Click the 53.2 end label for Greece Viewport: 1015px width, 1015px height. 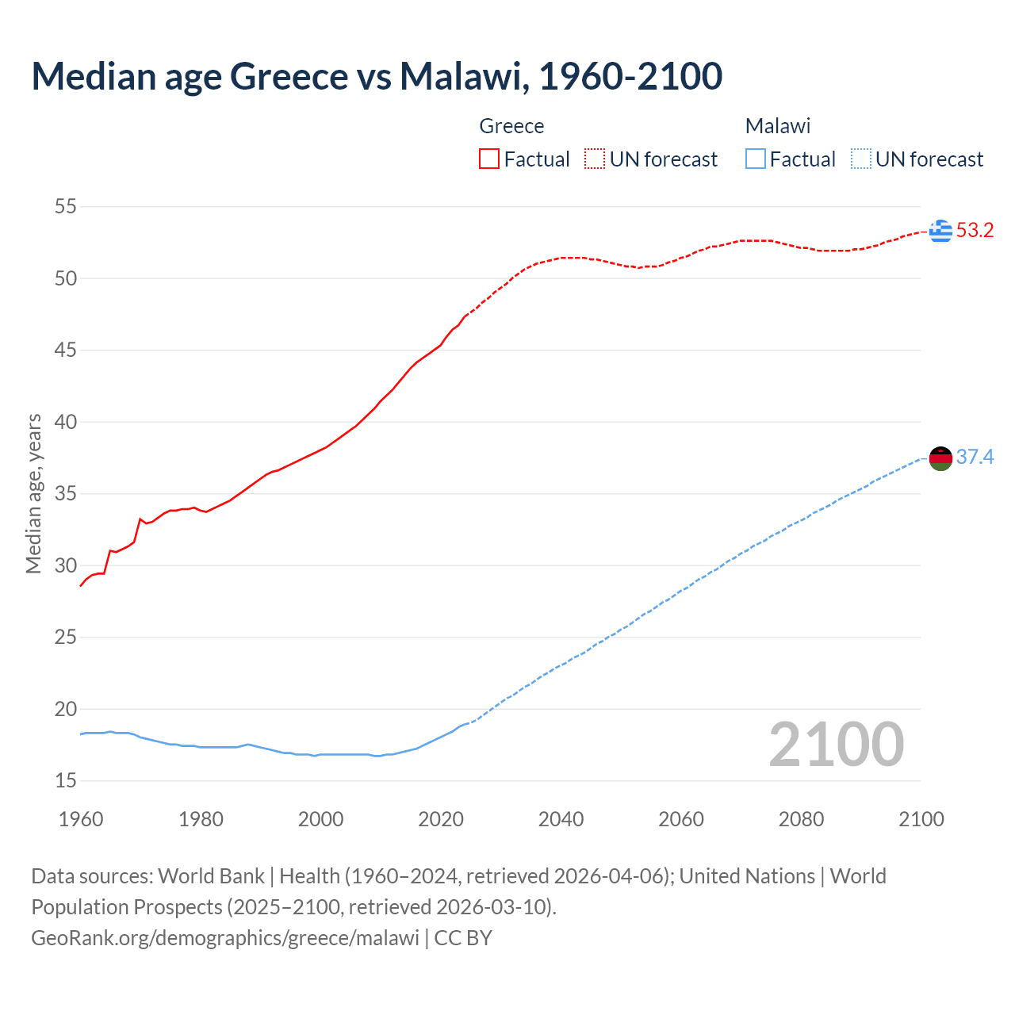pyautogui.click(x=975, y=231)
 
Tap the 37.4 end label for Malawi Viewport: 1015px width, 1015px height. pyautogui.click(x=975, y=458)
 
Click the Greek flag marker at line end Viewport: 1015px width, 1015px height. pyautogui.click(x=940, y=231)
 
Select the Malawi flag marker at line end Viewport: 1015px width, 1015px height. pyautogui.click(x=940, y=458)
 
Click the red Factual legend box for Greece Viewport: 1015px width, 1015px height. pyautogui.click(x=489, y=159)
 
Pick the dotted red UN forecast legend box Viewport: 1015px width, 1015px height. pyautogui.click(x=595, y=159)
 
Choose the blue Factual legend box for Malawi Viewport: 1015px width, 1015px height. pyautogui.click(x=756, y=159)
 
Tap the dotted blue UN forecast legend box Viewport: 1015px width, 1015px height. pyautogui.click(x=860, y=159)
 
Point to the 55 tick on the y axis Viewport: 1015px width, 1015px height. pyautogui.click(x=66, y=207)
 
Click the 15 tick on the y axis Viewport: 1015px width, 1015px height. pyautogui.click(x=66, y=781)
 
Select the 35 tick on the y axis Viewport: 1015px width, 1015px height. pyautogui.click(x=66, y=494)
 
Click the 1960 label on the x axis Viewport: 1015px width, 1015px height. pyautogui.click(x=81, y=819)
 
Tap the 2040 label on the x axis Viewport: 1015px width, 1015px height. pyautogui.click(x=561, y=819)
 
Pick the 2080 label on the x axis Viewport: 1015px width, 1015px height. pyautogui.click(x=801, y=819)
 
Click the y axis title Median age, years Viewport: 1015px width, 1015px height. pyautogui.click(x=33, y=493)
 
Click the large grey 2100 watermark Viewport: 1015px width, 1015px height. pyautogui.click(x=836, y=745)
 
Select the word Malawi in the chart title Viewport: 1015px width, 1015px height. pyautogui.click(x=461, y=76)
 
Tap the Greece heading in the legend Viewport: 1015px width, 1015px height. pyautogui.click(x=511, y=126)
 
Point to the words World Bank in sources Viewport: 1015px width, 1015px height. pyautogui.click(x=211, y=876)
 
